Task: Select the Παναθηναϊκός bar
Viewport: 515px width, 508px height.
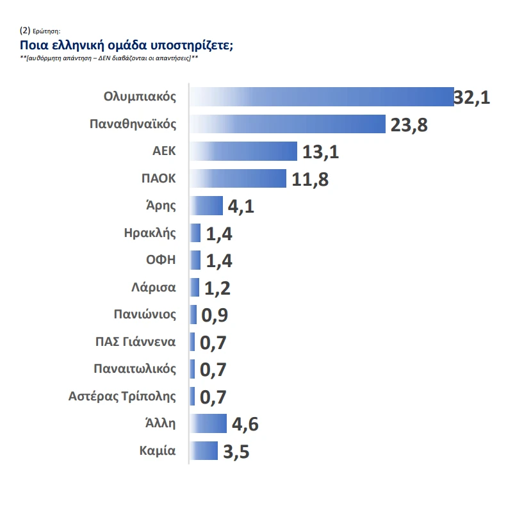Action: (x=288, y=124)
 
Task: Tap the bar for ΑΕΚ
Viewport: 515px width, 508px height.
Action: (x=244, y=152)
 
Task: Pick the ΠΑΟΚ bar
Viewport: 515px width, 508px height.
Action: (x=238, y=179)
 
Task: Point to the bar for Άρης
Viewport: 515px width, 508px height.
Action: (x=206, y=206)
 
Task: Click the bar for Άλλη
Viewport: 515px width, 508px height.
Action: (x=208, y=423)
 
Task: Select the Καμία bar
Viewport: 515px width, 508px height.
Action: (x=204, y=450)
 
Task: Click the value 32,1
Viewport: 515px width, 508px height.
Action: (x=472, y=97)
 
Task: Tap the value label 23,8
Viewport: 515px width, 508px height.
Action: (x=409, y=125)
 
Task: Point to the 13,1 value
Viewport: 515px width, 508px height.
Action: (x=320, y=152)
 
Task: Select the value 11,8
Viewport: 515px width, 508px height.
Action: (x=310, y=179)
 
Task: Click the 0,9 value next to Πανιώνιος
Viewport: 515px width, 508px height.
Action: (x=215, y=315)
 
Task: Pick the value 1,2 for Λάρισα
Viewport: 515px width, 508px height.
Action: (x=217, y=288)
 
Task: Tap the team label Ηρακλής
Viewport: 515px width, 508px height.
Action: (x=150, y=233)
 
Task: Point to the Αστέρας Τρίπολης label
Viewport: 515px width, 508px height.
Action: (x=122, y=396)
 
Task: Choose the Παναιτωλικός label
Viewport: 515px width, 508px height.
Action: (x=135, y=369)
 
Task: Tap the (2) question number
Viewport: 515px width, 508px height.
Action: (x=26, y=30)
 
